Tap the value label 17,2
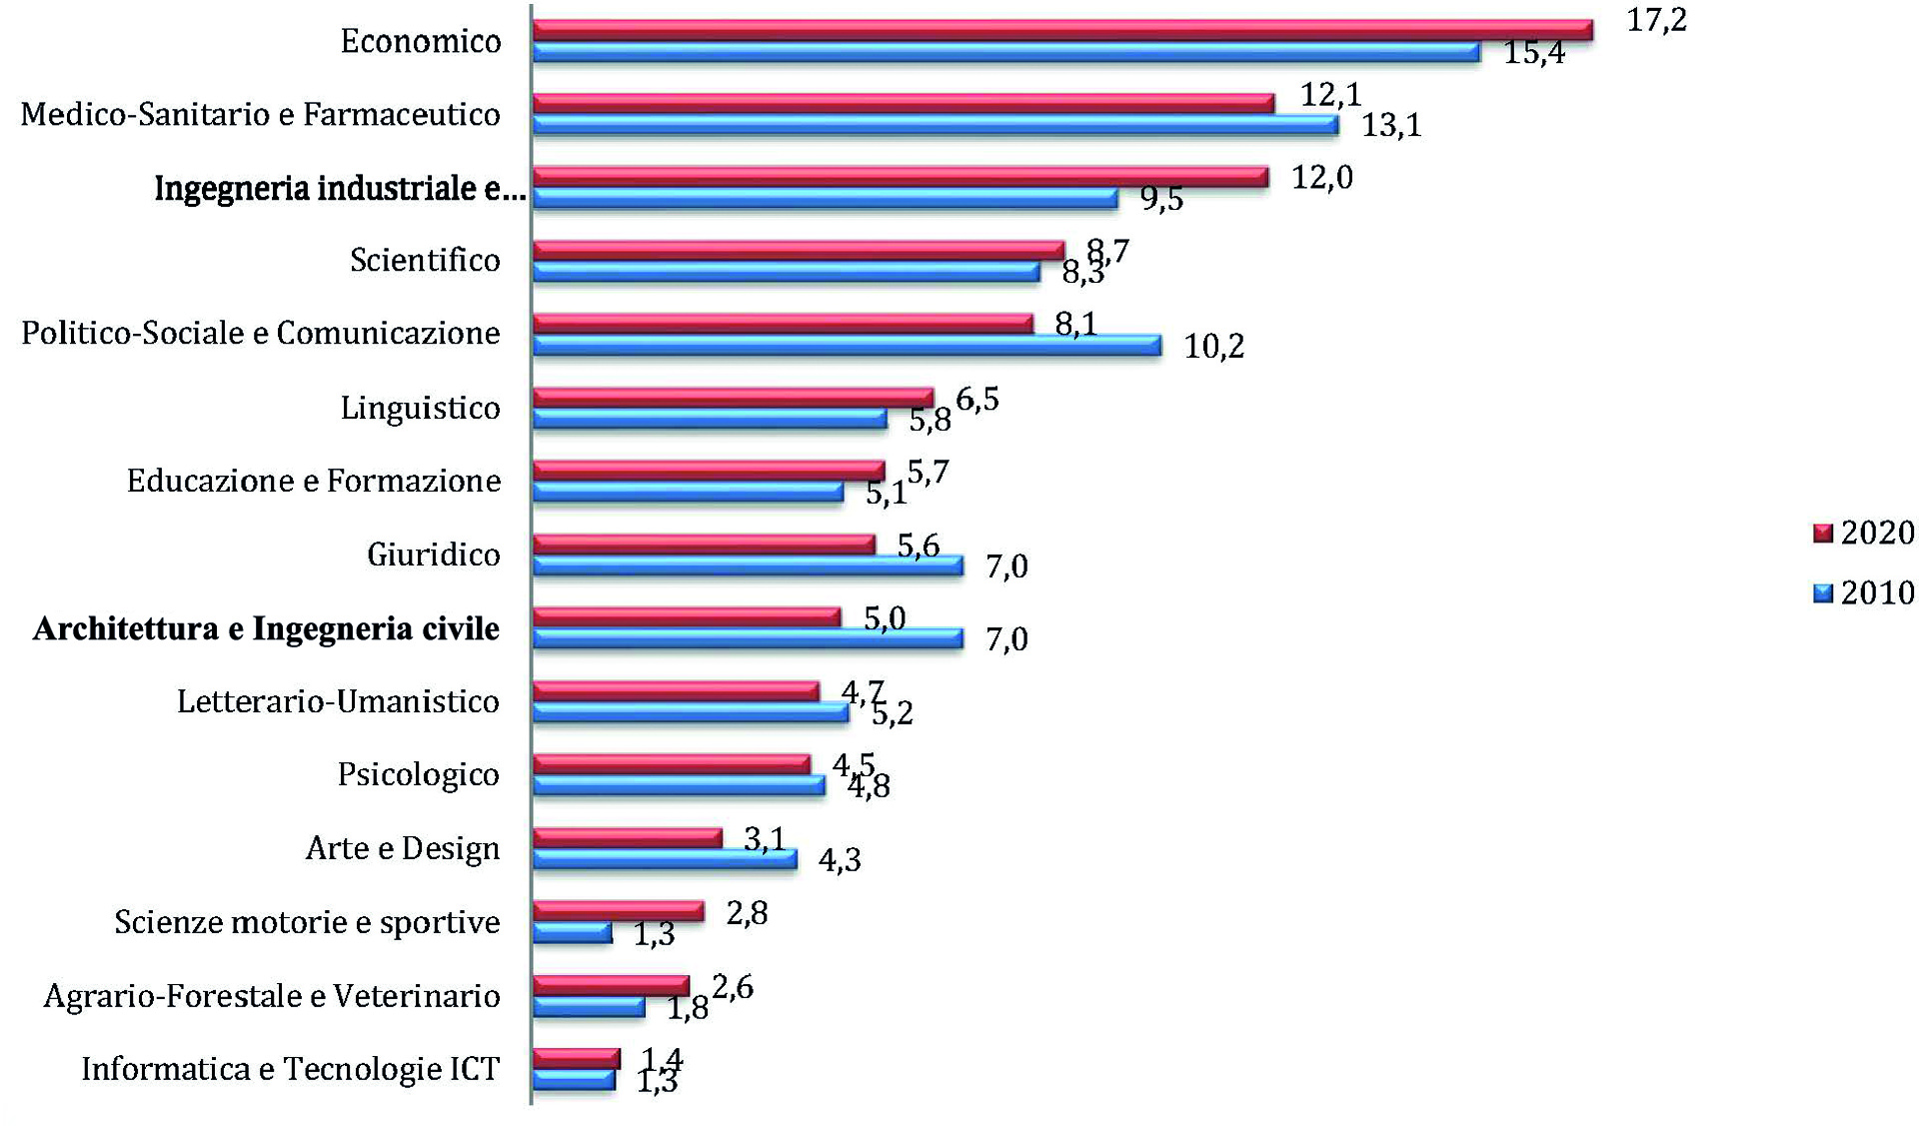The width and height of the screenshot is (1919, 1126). click(1656, 20)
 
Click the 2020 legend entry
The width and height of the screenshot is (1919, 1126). click(1863, 533)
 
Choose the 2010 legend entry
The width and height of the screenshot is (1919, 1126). click(1863, 592)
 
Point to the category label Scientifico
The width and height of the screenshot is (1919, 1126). click(425, 260)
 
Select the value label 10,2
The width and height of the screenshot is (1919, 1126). click(1214, 347)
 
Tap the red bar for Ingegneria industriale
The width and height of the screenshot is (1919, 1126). click(900, 178)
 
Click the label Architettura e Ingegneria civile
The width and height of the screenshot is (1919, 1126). click(266, 628)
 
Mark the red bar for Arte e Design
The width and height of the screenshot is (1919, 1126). click(627, 837)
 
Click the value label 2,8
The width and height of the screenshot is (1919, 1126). click(747, 913)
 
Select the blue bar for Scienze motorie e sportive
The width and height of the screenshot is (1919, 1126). click(572, 933)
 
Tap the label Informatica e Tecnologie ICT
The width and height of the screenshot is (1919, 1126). click(290, 1069)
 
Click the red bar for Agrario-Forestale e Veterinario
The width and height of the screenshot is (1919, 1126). click(611, 985)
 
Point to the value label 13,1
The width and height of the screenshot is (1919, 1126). click(1391, 126)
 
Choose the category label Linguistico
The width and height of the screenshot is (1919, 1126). click(420, 408)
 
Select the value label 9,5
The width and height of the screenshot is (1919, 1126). click(1161, 199)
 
